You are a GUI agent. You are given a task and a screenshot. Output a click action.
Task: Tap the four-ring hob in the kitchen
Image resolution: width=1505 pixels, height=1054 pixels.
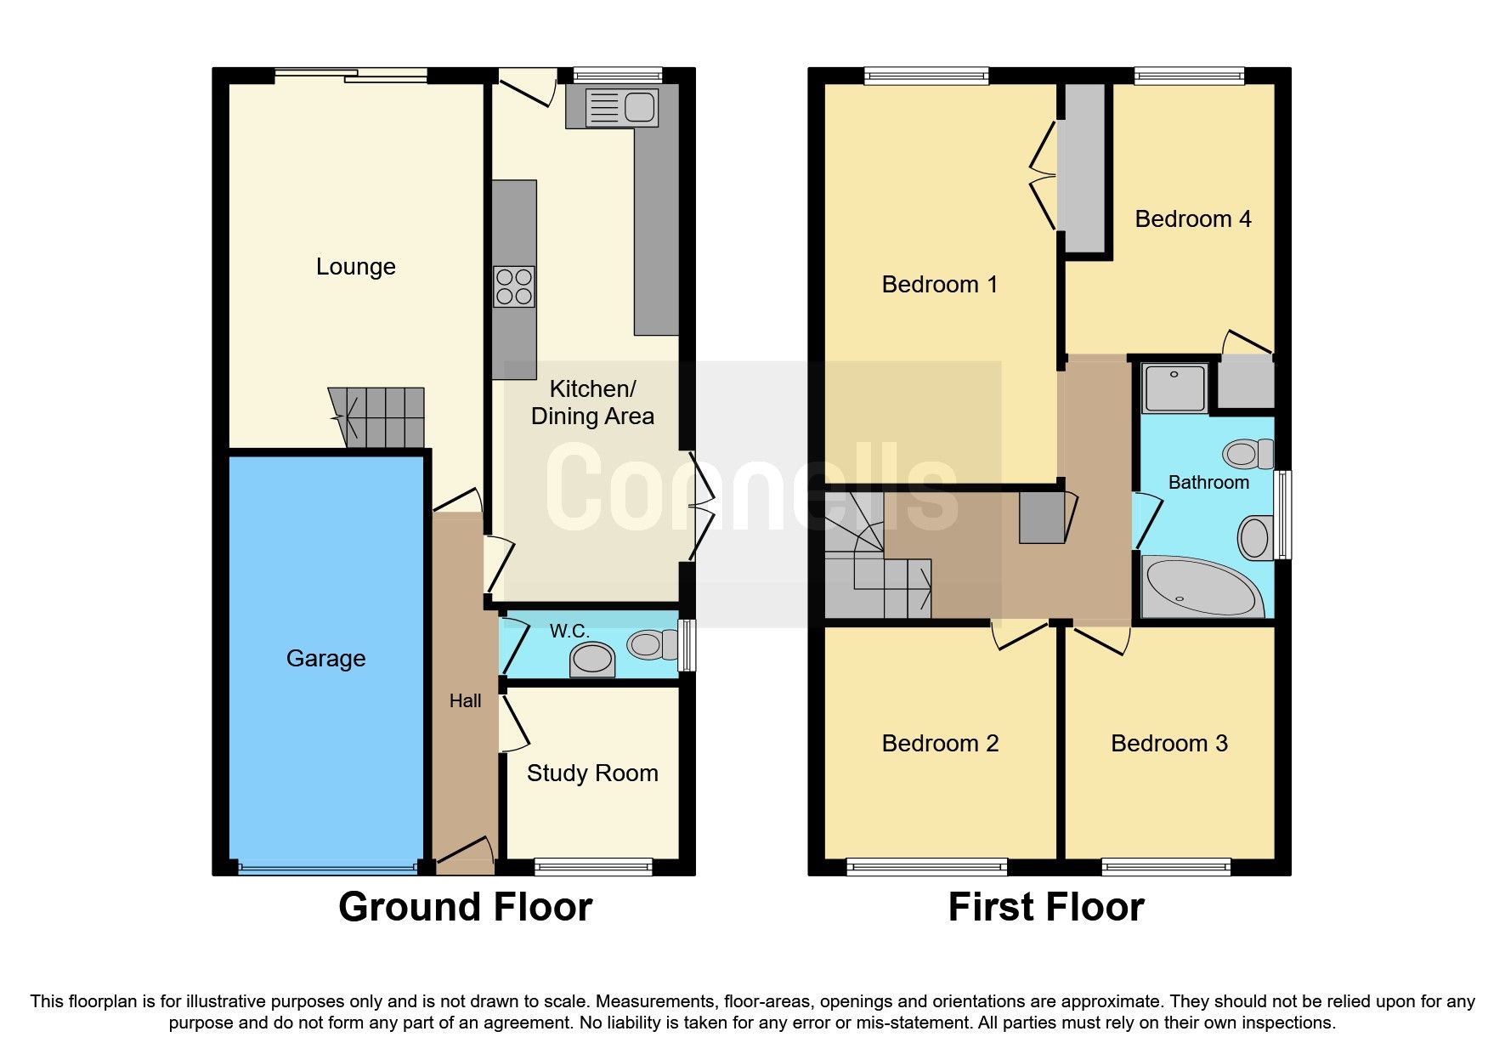click(x=514, y=286)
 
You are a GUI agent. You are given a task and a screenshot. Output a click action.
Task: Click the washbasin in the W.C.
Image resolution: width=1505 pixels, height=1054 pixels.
click(x=592, y=660)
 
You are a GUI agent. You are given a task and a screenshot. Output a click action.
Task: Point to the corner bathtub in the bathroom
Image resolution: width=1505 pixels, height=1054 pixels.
click(x=1201, y=587)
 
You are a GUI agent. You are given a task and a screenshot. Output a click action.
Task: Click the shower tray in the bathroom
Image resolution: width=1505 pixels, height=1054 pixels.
click(x=1174, y=388)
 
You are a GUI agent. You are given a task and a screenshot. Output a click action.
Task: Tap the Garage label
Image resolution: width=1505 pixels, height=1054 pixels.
click(x=325, y=658)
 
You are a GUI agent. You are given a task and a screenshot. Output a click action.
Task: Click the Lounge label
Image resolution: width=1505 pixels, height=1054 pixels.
click(x=355, y=267)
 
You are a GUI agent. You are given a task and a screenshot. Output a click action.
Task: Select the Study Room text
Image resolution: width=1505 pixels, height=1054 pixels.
click(x=592, y=773)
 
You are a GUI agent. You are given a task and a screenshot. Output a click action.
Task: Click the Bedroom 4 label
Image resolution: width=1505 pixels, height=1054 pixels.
click(x=1192, y=219)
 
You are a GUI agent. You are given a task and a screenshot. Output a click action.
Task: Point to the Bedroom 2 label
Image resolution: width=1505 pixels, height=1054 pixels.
click(x=940, y=743)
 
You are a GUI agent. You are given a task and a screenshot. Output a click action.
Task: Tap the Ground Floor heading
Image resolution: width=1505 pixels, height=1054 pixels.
click(x=465, y=907)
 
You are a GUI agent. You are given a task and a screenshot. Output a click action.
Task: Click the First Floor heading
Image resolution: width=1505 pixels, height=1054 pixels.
click(x=1045, y=907)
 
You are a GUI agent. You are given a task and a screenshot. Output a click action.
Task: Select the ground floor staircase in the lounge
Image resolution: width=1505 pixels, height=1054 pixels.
click(x=379, y=416)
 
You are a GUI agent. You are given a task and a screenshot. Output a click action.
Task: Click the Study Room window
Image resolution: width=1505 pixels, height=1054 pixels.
click(x=593, y=867)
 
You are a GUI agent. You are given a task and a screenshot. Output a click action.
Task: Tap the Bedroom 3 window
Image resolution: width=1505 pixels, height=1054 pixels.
click(x=1166, y=867)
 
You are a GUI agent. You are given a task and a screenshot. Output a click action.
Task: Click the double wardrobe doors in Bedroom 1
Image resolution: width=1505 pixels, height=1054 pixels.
click(x=1044, y=176)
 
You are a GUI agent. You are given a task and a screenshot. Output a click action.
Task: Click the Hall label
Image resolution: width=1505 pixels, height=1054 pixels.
click(x=465, y=700)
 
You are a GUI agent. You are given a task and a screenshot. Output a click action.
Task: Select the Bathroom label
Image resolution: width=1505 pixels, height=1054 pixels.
click(x=1208, y=483)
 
